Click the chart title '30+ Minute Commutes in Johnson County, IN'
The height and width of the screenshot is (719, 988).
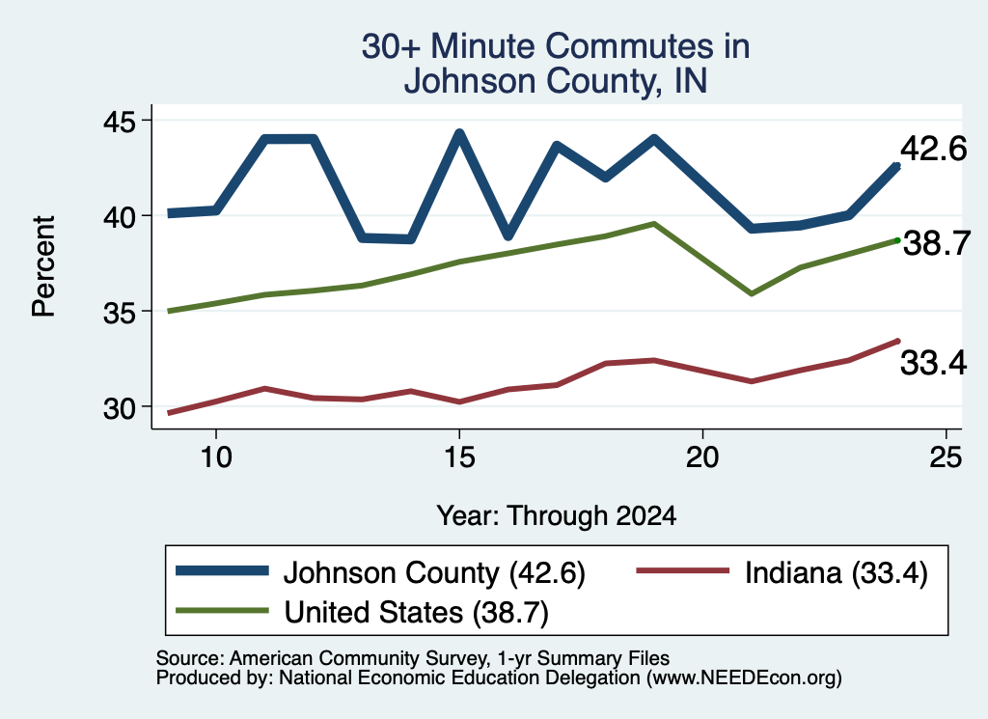[556, 63]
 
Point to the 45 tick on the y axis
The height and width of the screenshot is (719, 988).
[119, 121]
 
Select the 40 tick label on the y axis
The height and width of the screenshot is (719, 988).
[119, 217]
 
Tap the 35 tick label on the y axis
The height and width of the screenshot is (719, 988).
[119, 313]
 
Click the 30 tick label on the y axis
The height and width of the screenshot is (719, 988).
[119, 408]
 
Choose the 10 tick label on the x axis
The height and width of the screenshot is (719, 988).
[216, 456]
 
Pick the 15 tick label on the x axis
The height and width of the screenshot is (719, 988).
[459, 456]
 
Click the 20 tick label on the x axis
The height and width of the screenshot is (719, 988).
[702, 456]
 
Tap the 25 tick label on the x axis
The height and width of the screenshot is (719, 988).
[946, 456]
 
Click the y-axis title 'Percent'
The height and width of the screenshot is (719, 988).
[44, 266]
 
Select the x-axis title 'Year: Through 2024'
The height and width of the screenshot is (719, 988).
[557, 515]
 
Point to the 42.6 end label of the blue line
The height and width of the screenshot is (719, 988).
[933, 150]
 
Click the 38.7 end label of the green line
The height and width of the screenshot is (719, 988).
[936, 243]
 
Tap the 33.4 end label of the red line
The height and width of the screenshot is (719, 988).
[933, 363]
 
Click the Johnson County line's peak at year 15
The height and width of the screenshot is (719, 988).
[459, 133]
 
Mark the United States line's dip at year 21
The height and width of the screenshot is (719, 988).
[751, 294]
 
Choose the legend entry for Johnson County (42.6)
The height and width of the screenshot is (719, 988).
[380, 573]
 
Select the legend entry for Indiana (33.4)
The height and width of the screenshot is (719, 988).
[782, 573]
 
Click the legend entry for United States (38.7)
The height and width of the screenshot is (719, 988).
[363, 612]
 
